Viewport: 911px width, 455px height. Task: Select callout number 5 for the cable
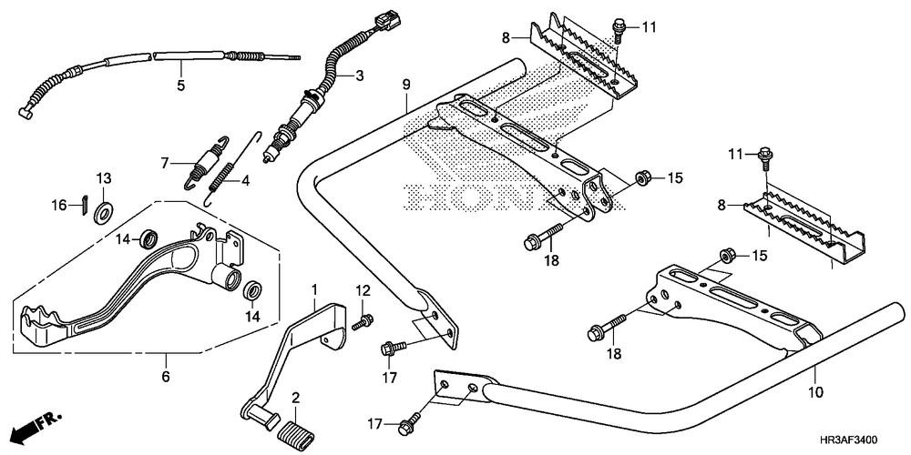point(180,86)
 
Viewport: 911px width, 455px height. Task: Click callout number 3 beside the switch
point(359,76)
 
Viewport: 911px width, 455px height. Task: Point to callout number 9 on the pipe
point(406,85)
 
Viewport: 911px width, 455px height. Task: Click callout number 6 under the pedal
point(166,376)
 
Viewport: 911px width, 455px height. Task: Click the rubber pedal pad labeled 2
point(300,429)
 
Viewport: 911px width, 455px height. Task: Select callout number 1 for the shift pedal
point(315,289)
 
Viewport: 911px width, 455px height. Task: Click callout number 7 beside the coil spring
point(166,164)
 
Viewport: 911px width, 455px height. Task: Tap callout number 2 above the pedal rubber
point(295,399)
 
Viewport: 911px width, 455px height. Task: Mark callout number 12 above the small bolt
point(362,290)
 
